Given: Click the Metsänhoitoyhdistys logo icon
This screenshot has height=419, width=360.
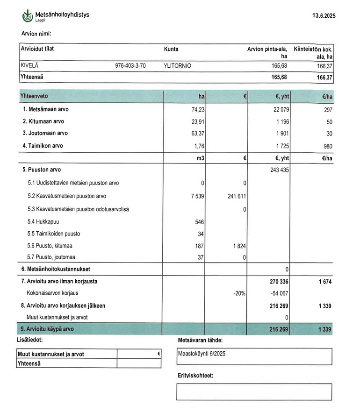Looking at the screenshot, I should [x=28, y=16].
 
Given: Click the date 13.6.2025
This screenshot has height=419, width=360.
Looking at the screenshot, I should [x=324, y=16].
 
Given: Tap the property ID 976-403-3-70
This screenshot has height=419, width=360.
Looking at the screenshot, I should [x=130, y=66].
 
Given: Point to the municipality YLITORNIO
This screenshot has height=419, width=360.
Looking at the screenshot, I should [x=177, y=66].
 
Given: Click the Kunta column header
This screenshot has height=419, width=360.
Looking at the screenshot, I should [x=171, y=49].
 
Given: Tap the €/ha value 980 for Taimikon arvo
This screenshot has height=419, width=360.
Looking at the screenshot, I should [x=327, y=146].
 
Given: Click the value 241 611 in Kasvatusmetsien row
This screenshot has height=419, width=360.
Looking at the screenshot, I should [x=236, y=196].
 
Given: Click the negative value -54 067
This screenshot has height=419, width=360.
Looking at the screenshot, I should [x=280, y=294].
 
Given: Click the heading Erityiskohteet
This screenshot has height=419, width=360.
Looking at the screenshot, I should [x=195, y=375].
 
